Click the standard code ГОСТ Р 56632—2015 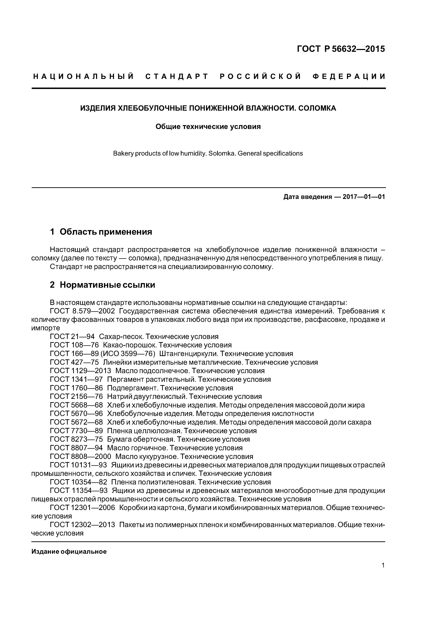341,49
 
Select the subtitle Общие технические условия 208,126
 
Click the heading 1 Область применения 101,232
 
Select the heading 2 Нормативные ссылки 102,285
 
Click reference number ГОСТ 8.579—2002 82,311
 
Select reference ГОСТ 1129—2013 81,371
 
